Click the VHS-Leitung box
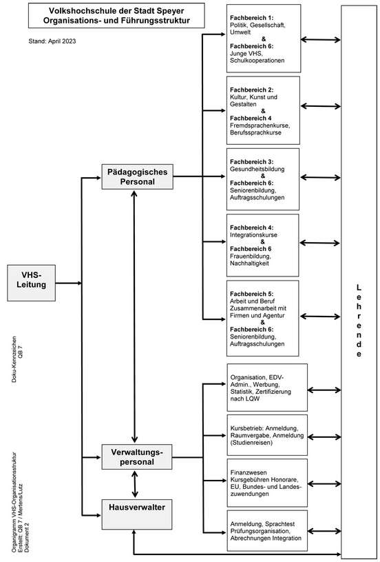32,283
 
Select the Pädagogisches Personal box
138,177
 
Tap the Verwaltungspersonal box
137,457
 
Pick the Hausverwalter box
137,514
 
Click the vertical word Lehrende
359,321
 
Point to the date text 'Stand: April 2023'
52,41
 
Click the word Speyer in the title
170,11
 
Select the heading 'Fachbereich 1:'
251,17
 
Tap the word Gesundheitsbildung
257,169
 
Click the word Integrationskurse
254,234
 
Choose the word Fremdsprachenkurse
260,126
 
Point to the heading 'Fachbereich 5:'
251,294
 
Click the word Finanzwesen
249,472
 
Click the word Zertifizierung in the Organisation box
273,392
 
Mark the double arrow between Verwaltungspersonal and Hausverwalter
134,484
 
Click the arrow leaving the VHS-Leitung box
69,283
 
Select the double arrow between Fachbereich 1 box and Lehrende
321,40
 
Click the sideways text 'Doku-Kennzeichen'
14,359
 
